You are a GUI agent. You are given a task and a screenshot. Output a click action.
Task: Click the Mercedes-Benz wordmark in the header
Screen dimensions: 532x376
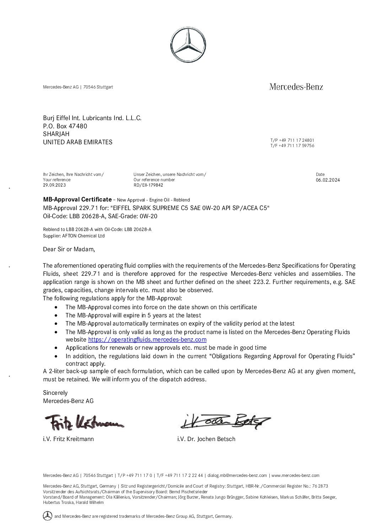click(x=296, y=86)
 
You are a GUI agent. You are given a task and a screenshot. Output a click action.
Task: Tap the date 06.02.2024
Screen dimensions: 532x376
click(x=328, y=180)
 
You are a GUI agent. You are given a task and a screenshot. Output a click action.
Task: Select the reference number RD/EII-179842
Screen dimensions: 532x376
click(x=148, y=185)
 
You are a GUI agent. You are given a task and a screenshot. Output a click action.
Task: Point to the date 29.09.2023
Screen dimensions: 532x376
click(x=54, y=185)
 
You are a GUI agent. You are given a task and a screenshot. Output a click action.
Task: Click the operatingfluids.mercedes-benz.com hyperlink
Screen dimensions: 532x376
click(x=147, y=339)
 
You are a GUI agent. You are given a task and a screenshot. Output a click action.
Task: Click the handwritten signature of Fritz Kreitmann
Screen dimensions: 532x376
click(x=84, y=422)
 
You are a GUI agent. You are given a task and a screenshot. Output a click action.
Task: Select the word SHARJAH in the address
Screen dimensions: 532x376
click(x=56, y=134)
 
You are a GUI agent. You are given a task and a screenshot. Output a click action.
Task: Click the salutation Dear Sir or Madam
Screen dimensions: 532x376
click(x=69, y=249)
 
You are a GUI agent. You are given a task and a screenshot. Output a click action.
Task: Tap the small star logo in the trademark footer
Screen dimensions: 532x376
click(x=47, y=515)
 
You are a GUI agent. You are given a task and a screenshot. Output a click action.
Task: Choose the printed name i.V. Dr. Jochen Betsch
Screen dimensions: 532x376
click(x=206, y=439)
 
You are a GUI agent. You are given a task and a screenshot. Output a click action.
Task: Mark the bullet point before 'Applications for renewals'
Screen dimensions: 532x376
click(x=57, y=348)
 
